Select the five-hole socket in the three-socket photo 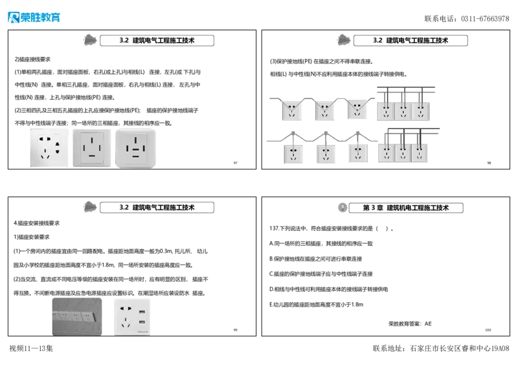[49, 148]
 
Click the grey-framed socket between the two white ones [91, 148]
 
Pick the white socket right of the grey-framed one [137, 148]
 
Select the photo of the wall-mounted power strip [78, 316]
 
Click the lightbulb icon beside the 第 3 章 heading [342, 208]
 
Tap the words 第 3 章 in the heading [373, 208]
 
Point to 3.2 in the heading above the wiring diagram [378, 40]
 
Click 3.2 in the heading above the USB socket [124, 208]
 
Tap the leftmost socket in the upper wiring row [292, 111]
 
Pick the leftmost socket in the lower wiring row [293, 154]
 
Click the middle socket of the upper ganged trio [403, 112]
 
